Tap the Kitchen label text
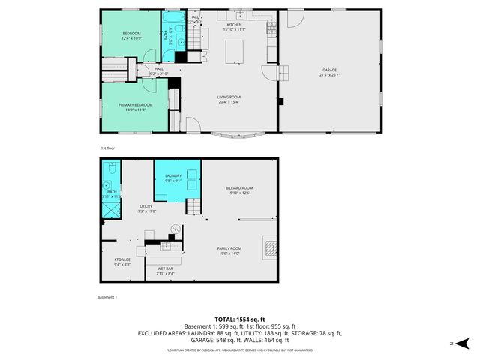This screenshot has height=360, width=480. tap(235, 25)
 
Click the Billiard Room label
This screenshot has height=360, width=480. tap(239, 189)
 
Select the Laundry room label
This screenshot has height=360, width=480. tap(173, 178)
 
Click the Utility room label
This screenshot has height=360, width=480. tap(145, 208)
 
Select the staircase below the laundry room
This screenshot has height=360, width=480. tap(193, 205)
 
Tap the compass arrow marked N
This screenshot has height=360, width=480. tap(463, 343)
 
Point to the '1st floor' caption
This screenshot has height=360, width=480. tap(108, 148)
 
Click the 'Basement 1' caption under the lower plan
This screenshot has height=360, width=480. tap(108, 297)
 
